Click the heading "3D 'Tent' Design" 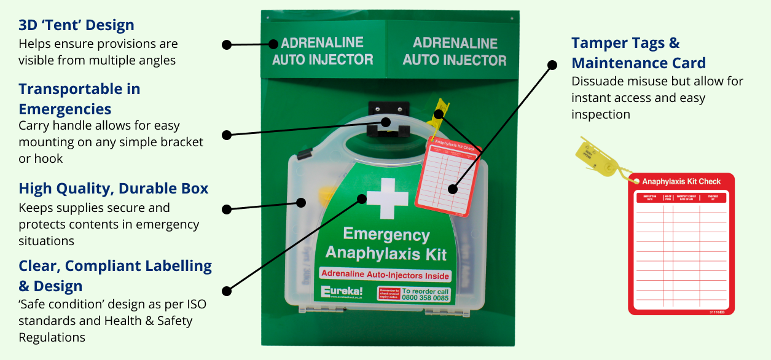coord(76,25)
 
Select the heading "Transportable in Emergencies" coord(79,99)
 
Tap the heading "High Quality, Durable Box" coord(114,188)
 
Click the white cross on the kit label coord(387,198)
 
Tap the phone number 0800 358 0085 coord(425,298)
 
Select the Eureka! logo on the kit coord(342,291)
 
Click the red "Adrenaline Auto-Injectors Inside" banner coord(385,275)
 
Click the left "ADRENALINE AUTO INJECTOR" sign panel coord(323,52)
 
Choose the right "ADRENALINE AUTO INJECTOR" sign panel coord(455,52)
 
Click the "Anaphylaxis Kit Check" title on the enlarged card coord(681,181)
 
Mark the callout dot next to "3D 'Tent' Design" coord(226,45)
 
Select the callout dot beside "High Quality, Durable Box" coord(226,209)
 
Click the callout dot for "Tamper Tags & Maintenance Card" coord(552,64)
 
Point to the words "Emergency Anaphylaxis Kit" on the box coord(386,243)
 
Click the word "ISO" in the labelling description coord(178,303)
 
